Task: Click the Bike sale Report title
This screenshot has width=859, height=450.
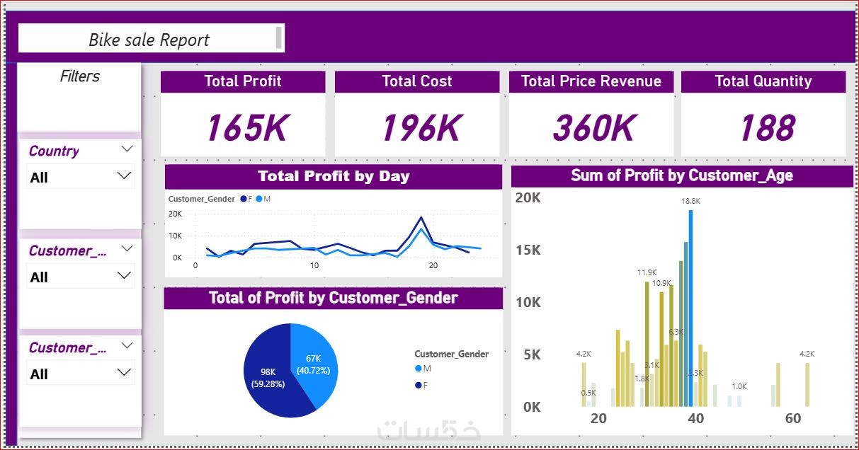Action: tap(149, 40)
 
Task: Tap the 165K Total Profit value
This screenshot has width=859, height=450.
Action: tap(246, 128)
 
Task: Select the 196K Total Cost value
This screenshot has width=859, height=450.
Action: tap(421, 128)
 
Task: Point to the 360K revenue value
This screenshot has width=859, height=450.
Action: tap(594, 128)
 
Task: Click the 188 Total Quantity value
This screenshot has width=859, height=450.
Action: tap(768, 128)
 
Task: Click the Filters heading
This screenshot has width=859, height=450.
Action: tap(80, 76)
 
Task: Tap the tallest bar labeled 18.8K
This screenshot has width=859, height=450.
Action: tap(690, 304)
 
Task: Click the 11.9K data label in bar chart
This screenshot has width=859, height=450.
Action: tap(647, 272)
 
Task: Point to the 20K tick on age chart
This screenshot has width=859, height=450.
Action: tap(528, 198)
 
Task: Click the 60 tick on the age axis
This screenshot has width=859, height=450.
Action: tap(792, 418)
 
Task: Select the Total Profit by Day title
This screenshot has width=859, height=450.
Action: tap(334, 176)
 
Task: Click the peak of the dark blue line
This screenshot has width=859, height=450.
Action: tap(421, 218)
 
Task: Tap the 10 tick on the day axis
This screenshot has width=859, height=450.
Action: tap(314, 266)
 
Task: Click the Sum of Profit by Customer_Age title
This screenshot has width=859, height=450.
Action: tap(682, 175)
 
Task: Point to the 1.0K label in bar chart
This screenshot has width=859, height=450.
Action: tap(739, 386)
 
